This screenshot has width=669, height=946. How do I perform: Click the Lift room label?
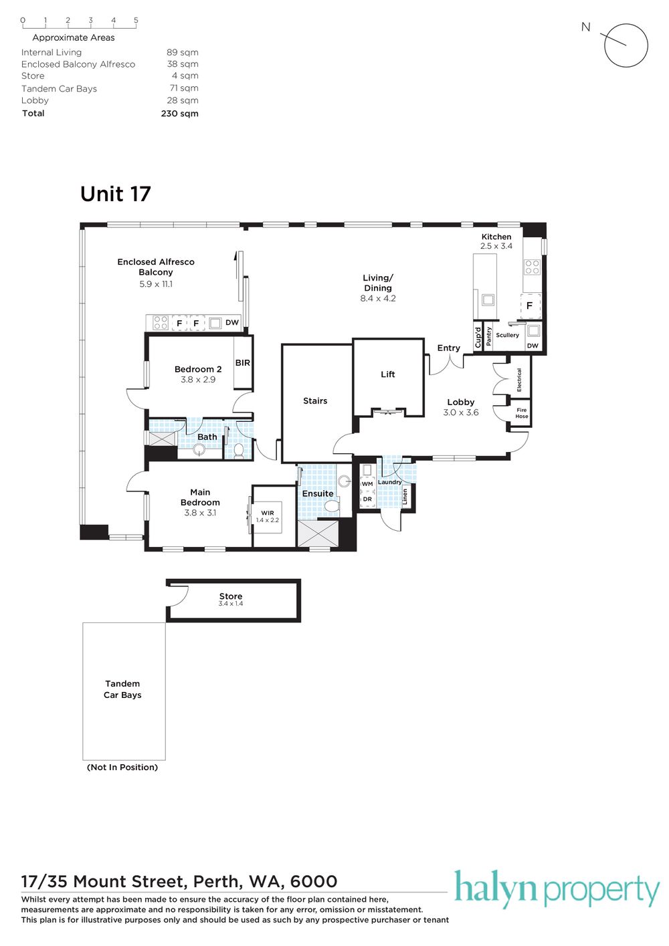pyautogui.click(x=387, y=374)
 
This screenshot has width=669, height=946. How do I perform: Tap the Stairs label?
pyautogui.click(x=315, y=400)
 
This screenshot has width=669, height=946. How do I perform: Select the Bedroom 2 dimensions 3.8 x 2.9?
pyautogui.click(x=198, y=380)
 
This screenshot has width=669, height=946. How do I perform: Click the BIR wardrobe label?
pyautogui.click(x=243, y=363)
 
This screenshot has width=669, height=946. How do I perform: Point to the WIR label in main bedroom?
pyautogui.click(x=268, y=513)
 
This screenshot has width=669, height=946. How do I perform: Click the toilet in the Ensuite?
pyautogui.click(x=332, y=505)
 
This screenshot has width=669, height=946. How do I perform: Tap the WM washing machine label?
pyautogui.click(x=367, y=484)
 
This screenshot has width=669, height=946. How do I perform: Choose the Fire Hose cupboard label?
pyautogui.click(x=522, y=413)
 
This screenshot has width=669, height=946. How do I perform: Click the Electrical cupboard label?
pyautogui.click(x=519, y=380)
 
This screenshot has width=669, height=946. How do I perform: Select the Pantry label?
pyautogui.click(x=489, y=336)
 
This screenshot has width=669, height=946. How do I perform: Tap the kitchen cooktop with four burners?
pyautogui.click(x=532, y=267)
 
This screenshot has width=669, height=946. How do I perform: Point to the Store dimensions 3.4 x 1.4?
pyautogui.click(x=231, y=604)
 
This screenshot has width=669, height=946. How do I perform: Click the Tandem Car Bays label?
pyautogui.click(x=122, y=689)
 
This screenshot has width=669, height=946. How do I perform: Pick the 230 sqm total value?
pyautogui.click(x=179, y=114)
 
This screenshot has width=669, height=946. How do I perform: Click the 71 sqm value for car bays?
pyautogui.click(x=183, y=88)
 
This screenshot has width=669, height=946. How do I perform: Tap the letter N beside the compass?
pyautogui.click(x=586, y=27)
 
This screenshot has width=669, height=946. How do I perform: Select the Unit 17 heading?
pyautogui.click(x=115, y=194)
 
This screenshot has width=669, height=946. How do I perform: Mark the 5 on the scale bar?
pyautogui.click(x=136, y=20)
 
